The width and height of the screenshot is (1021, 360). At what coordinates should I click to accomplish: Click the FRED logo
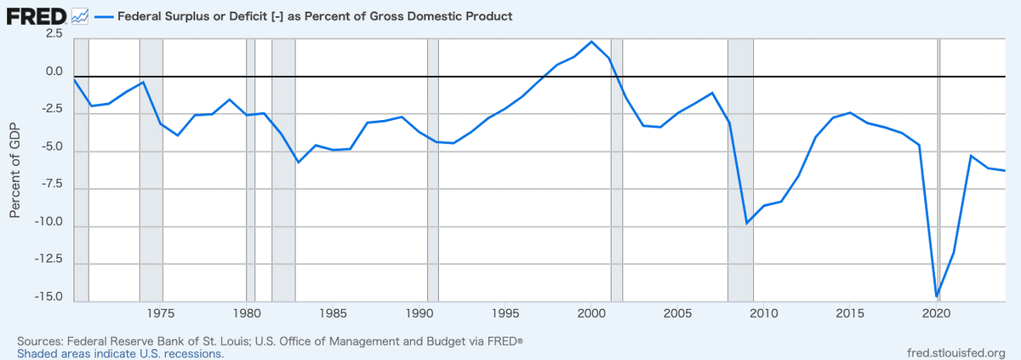coord(37,15)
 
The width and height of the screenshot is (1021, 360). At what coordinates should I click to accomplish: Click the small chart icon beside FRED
coord(81,16)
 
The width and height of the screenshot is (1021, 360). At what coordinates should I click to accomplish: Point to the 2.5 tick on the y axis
coord(54,33)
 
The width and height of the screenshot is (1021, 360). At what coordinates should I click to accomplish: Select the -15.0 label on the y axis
coord(49,297)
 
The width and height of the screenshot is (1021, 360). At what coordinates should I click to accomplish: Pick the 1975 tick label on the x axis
coord(161,313)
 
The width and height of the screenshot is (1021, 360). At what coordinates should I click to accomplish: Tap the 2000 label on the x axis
coord(591,313)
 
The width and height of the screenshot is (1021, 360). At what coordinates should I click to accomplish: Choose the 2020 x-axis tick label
coord(936,313)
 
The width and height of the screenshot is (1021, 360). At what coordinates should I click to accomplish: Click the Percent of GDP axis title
coord(14,169)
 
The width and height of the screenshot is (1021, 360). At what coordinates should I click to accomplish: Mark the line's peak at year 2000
coord(592,41)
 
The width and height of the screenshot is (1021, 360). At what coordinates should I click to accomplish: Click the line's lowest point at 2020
coord(936,296)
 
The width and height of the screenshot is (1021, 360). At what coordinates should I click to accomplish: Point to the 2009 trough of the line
coord(747,223)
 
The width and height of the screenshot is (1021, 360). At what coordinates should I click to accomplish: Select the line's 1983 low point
coord(298,162)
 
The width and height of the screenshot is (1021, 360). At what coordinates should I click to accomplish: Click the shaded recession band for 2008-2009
coord(740,170)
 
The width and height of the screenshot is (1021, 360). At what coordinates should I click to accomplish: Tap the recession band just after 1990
coord(432,170)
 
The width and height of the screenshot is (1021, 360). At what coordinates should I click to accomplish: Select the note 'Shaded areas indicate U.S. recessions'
coord(120,353)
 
